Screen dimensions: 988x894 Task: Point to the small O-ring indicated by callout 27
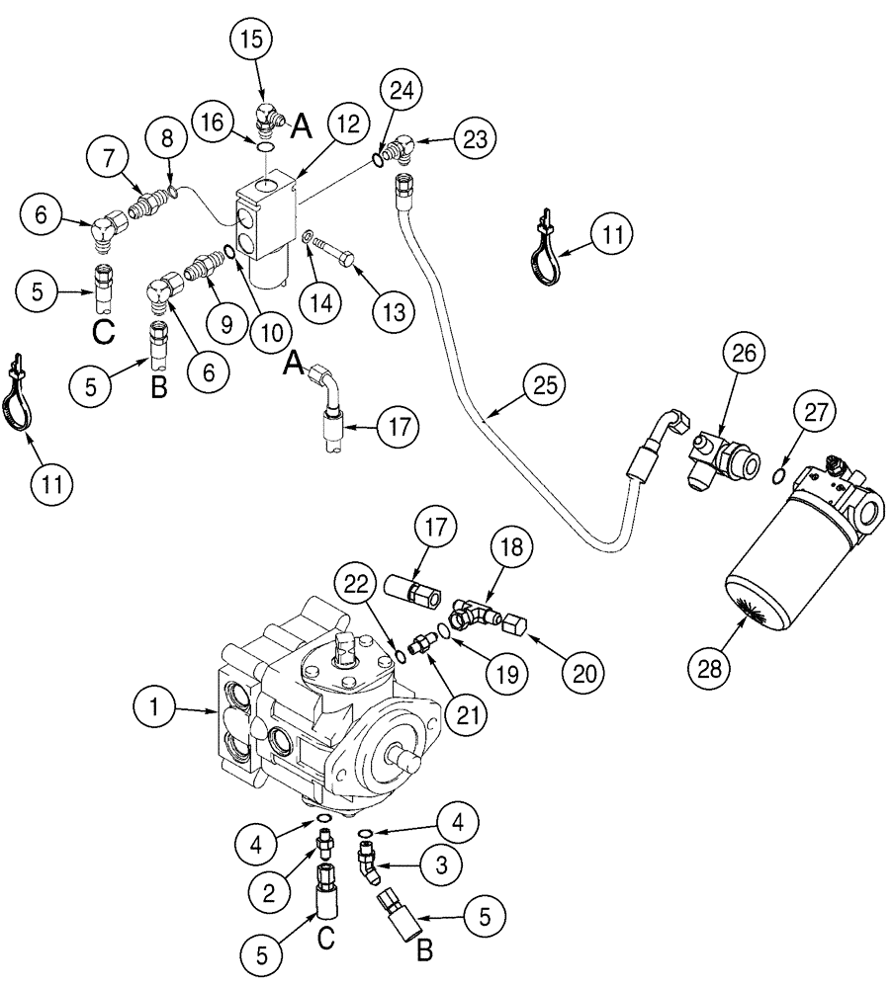coord(779,478)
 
